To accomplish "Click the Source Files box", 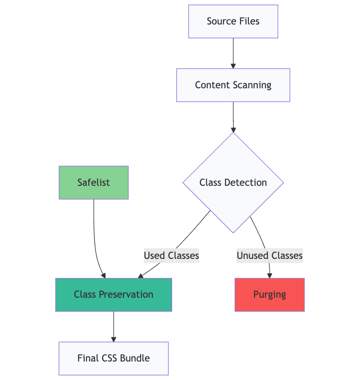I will pos(233,21).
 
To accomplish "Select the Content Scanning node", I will pos(233,85).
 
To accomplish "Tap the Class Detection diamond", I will pos(233,183).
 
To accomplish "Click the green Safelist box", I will pos(93,183).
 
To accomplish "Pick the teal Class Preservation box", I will pos(113,294).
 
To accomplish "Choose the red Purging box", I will pos(269,294).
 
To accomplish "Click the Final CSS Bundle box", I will pos(113,358).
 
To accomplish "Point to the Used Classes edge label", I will pos(171,256).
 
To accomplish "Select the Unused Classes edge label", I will pos(269,256).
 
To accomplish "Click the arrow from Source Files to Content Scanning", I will pos(233,53).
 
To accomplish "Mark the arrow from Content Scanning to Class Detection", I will pos(233,116).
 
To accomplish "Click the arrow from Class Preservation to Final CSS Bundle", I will pos(113,326).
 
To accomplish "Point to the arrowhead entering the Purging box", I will pos(270,275).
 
